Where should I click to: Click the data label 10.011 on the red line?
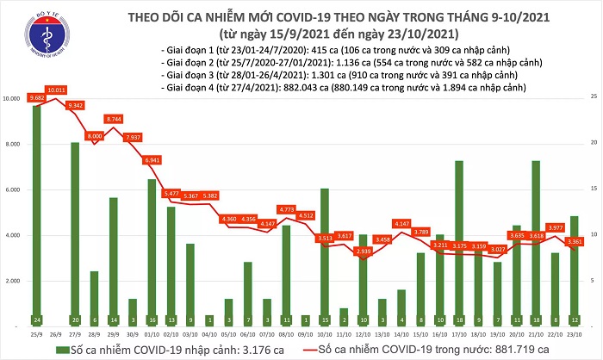57,90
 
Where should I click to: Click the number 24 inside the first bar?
37,318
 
